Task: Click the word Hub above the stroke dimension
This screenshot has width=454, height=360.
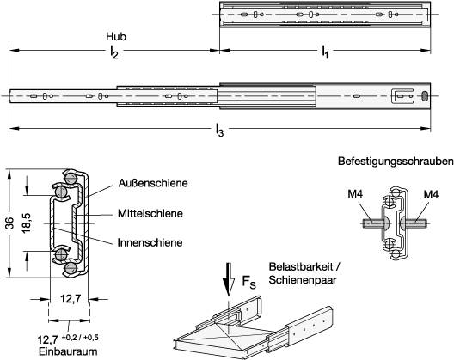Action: [x=116, y=37]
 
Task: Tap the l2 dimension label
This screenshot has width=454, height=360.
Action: [x=113, y=52]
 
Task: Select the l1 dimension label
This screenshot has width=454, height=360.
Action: [x=325, y=52]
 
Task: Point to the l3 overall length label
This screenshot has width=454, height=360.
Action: [x=219, y=131]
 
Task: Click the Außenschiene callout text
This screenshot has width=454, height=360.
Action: [x=153, y=183]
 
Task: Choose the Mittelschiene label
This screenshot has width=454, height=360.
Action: [x=150, y=214]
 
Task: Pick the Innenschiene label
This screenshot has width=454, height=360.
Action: [x=150, y=242]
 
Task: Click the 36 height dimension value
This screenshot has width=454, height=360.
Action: [x=10, y=223]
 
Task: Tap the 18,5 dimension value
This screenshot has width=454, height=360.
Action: [x=27, y=223]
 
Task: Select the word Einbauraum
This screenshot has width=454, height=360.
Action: [x=68, y=352]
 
